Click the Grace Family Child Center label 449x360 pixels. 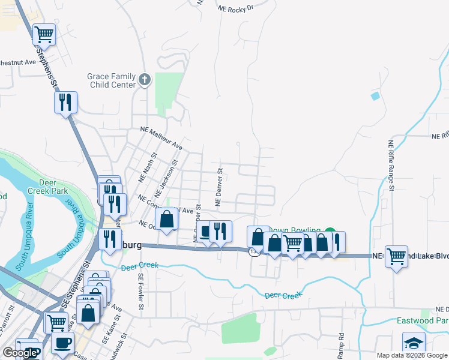(x=112, y=80)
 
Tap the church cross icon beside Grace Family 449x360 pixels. (x=144, y=79)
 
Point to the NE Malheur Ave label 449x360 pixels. (x=161, y=137)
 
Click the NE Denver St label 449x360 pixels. (x=220, y=187)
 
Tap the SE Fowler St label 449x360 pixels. (x=141, y=292)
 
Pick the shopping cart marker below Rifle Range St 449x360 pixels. (x=397, y=256)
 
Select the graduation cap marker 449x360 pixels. (x=413, y=344)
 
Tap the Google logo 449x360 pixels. (x=20, y=353)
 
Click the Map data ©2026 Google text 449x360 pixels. (x=411, y=355)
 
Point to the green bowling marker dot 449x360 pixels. (x=330, y=232)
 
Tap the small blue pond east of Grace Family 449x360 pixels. (x=375, y=96)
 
